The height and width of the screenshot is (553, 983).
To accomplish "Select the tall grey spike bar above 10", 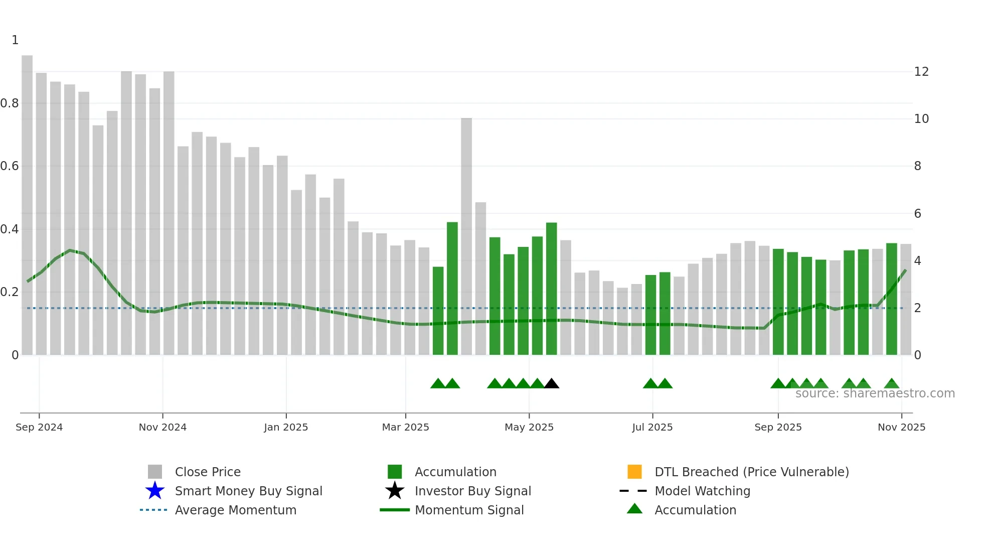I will pos(466,236).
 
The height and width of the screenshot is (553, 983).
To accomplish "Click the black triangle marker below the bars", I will pos(552,384).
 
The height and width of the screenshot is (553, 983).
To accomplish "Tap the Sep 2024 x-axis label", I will pos(39,427).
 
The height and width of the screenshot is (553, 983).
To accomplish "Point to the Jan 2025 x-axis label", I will pos(286,427).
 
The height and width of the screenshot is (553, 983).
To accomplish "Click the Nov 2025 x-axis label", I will pos(901,427).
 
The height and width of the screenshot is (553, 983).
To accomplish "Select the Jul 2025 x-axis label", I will pos(652,427).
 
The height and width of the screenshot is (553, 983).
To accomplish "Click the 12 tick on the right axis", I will pos(921,72).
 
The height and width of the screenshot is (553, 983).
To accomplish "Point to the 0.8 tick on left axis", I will pos(10,103).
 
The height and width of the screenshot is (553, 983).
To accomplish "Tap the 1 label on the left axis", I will pos(15,40).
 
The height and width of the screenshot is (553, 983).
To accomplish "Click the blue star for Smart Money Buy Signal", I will pos(155,491).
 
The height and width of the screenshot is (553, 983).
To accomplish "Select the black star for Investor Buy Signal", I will pos(395,491).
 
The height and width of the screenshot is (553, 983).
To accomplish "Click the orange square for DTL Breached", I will pos(634,472).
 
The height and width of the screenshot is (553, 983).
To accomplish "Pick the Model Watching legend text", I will pos(702,491).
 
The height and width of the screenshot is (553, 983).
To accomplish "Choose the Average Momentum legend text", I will pos(235,510).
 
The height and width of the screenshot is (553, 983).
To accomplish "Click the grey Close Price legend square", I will pos(155,472).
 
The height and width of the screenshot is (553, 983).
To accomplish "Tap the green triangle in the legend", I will pos(634,509).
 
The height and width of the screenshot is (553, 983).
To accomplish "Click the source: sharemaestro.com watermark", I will pos(875,393).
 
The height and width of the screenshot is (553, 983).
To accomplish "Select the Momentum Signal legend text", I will pos(469,510).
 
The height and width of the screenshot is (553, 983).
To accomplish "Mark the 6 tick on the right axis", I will pos(917,214).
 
